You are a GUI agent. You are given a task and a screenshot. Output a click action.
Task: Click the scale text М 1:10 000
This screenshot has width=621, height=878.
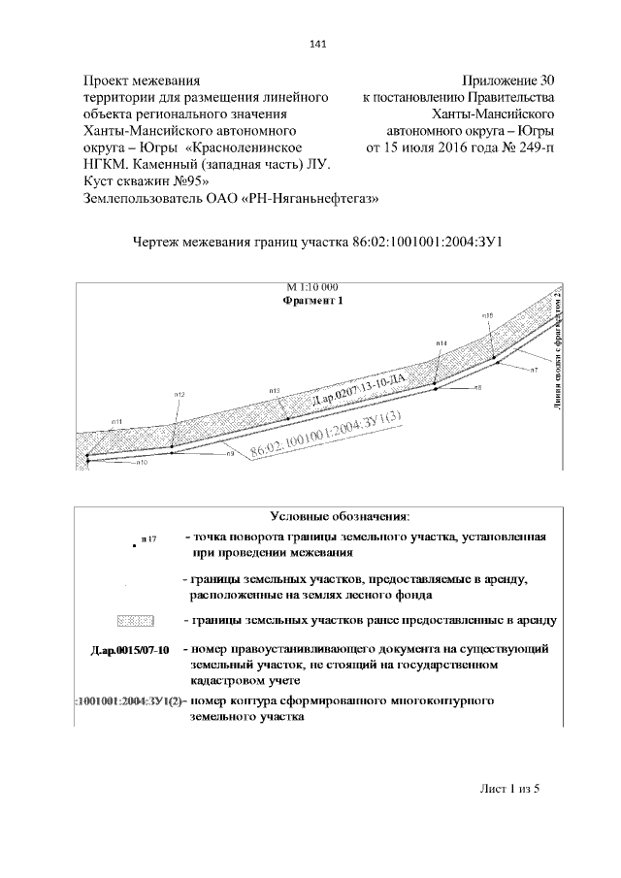pyautogui.click(x=312, y=288)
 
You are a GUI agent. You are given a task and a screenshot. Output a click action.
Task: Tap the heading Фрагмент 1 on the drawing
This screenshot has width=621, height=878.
pyautogui.click(x=312, y=301)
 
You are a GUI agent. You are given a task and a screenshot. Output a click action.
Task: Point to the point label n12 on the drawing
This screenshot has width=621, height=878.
pyautogui.click(x=180, y=394)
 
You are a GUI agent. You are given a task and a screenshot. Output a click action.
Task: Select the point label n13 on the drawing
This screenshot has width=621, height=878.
pyautogui.click(x=275, y=390)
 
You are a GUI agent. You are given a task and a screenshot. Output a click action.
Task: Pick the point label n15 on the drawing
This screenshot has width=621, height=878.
pyautogui.click(x=487, y=315)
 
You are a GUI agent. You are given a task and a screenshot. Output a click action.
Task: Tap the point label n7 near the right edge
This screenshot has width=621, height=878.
pyautogui.click(x=534, y=371)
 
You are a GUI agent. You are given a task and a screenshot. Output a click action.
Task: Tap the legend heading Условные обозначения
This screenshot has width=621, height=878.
pyautogui.click(x=339, y=515)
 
